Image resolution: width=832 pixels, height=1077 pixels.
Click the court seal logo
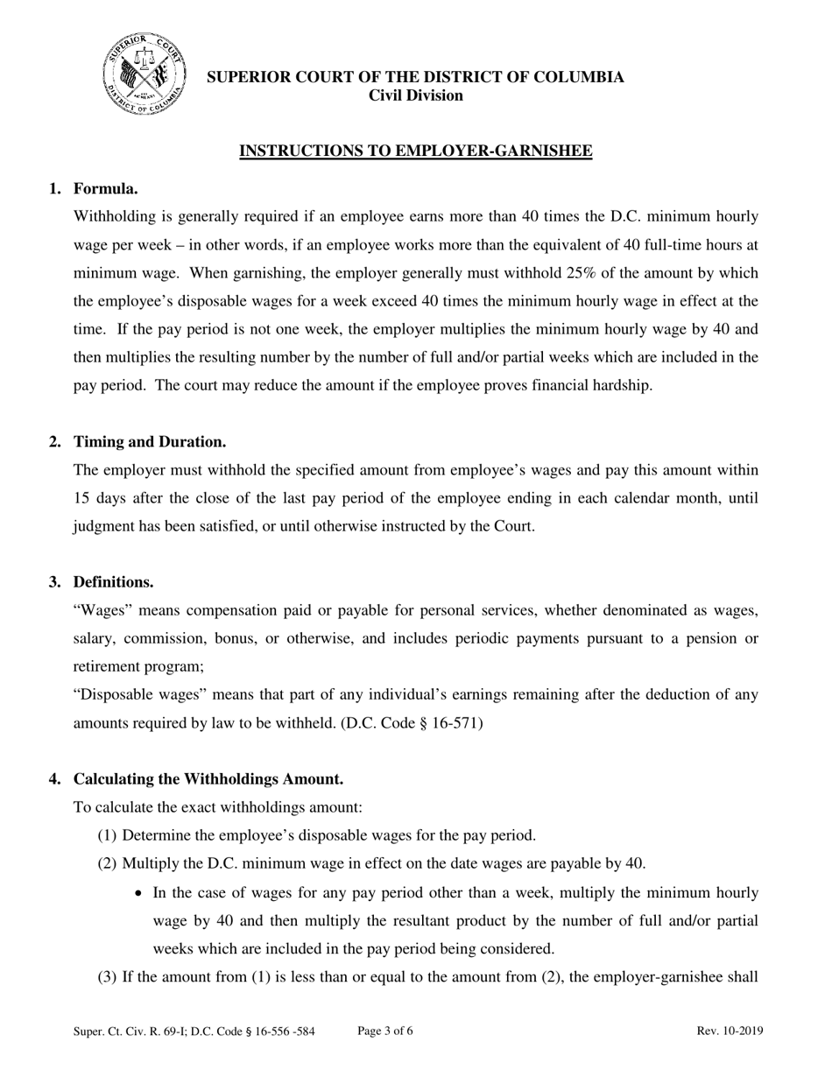tap(144, 74)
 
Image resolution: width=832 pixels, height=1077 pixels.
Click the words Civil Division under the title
tap(415, 95)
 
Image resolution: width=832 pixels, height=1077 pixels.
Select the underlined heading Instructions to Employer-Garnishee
tap(416, 151)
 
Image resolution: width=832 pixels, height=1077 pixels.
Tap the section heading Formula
tap(105, 188)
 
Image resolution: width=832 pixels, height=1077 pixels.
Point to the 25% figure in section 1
tap(582, 272)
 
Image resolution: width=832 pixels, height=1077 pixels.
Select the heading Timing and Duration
tap(150, 441)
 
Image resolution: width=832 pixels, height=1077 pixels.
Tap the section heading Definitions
tap(113, 581)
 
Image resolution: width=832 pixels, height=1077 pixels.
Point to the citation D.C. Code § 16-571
tap(411, 723)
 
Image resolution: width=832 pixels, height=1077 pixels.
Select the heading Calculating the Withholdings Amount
tap(208, 778)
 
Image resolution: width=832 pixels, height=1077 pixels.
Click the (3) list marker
tap(107, 977)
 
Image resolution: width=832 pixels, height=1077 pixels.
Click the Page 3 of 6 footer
tap(385, 1031)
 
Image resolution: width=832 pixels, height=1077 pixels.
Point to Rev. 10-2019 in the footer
tap(730, 1031)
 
